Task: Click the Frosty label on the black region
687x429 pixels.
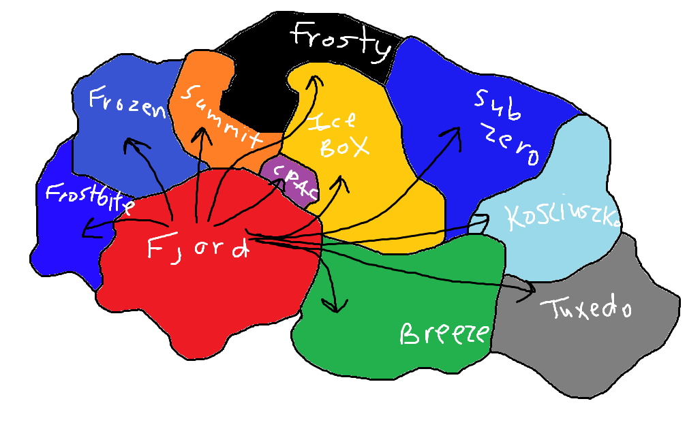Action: point(342,41)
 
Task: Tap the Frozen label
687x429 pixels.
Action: point(127,104)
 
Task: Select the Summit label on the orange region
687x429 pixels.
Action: point(221,113)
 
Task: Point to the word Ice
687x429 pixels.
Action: point(333,121)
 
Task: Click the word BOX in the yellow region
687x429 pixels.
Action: point(344,147)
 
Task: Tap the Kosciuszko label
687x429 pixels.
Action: point(563,217)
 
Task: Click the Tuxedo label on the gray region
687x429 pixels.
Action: point(586,308)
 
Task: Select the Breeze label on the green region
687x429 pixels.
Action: point(444,334)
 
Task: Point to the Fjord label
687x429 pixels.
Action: point(197,247)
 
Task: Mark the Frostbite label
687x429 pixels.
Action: point(89,197)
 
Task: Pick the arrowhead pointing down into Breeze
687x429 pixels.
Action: point(333,308)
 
